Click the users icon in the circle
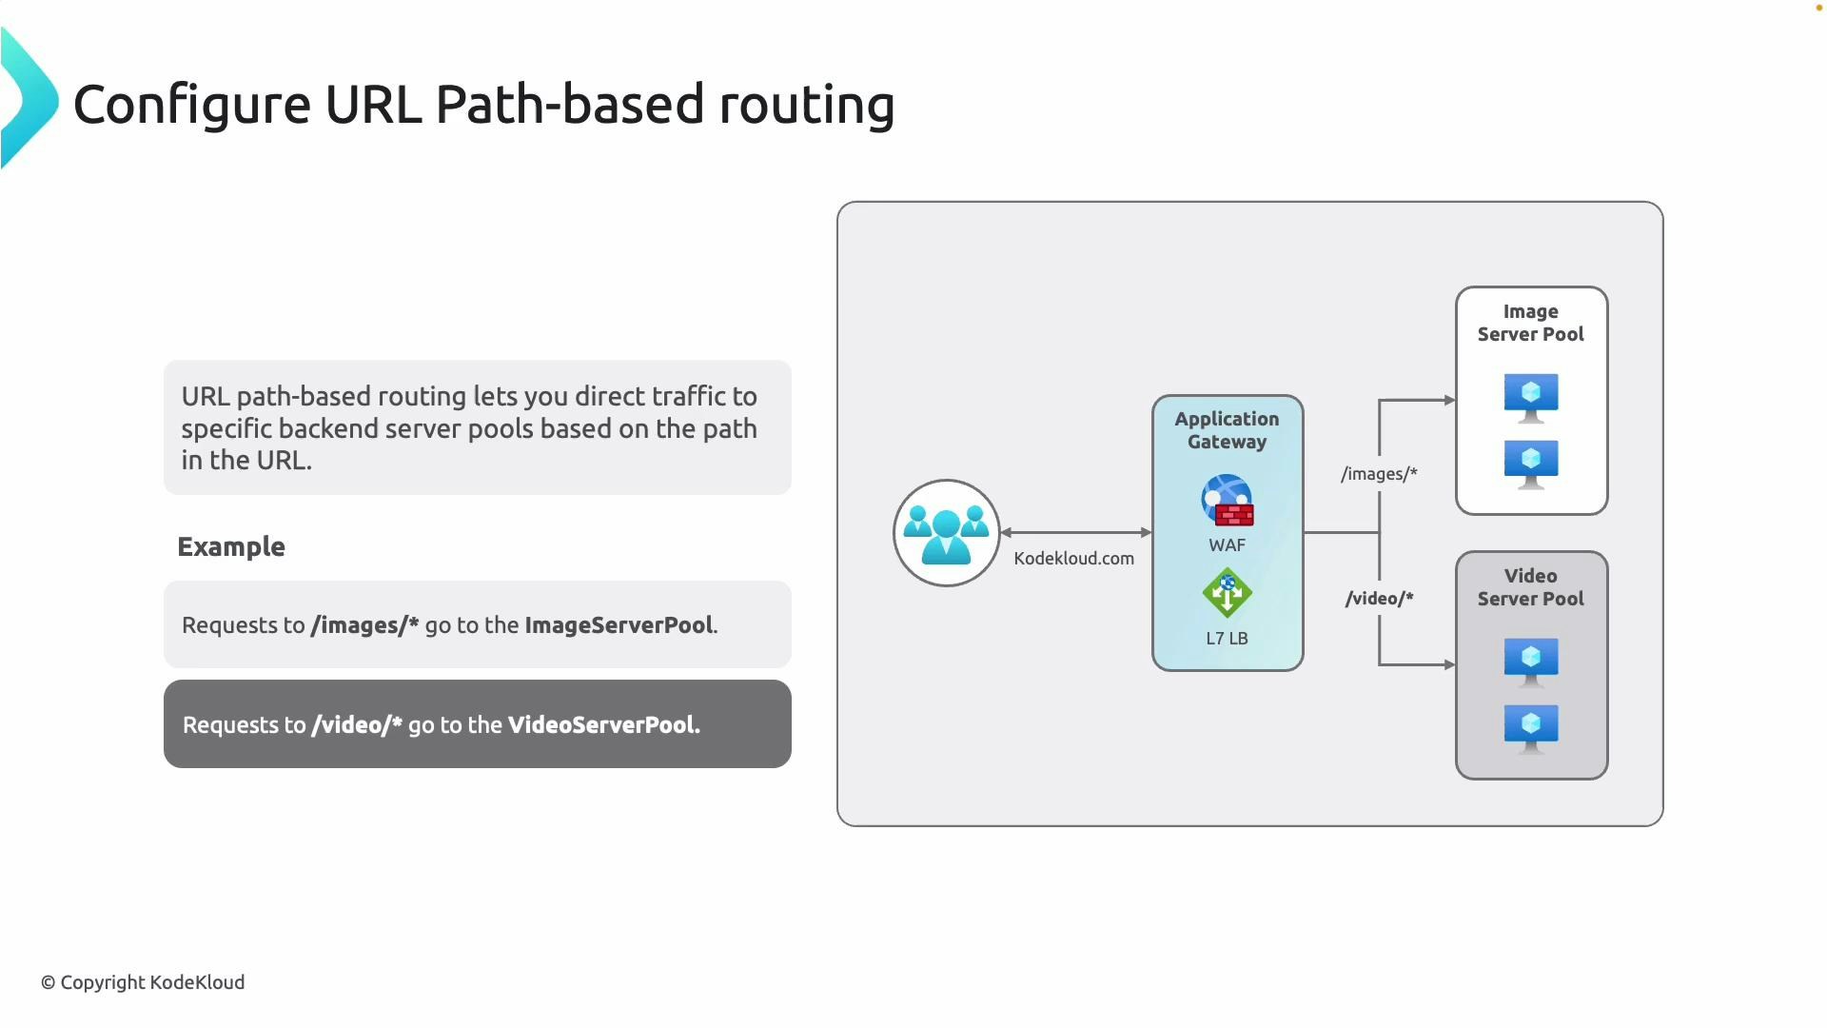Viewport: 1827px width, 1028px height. [946, 534]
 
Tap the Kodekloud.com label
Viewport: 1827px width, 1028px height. [1073, 559]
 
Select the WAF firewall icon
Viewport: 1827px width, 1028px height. [1227, 501]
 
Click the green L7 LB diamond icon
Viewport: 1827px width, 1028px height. [1227, 593]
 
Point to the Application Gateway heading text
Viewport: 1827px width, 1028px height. [1227, 430]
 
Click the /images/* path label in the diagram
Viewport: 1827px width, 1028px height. [1379, 474]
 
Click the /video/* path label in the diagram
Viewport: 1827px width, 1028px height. [1379, 599]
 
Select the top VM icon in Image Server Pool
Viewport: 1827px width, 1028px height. [1530, 397]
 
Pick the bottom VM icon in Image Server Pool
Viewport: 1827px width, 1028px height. [1530, 464]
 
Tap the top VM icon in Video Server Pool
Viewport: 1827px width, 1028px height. [1530, 662]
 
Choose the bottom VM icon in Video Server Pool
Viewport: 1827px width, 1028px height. [1530, 728]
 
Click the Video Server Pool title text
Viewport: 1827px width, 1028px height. [1530, 587]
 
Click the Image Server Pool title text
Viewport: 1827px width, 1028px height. [1530, 323]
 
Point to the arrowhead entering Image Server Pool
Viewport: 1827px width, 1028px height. [1449, 401]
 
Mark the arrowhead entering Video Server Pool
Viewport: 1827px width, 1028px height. [1449, 664]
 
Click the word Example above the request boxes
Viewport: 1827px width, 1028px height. [231, 547]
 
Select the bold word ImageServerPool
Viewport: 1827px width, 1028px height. [619, 625]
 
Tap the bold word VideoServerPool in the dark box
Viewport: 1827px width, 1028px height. [602, 725]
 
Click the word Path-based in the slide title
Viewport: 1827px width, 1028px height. [569, 105]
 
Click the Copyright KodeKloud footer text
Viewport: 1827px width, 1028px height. [143, 982]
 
